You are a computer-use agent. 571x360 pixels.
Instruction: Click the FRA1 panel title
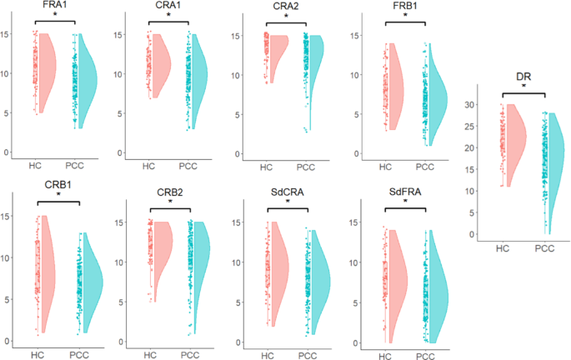(x=56, y=5)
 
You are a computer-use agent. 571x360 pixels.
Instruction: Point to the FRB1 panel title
(x=403, y=6)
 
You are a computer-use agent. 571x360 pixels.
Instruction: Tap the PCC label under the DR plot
(x=544, y=248)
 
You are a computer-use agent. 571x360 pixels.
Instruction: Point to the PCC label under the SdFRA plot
(x=424, y=356)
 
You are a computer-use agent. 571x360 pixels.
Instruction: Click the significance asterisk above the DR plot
(x=523, y=86)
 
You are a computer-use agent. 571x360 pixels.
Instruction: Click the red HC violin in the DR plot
(x=514, y=142)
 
